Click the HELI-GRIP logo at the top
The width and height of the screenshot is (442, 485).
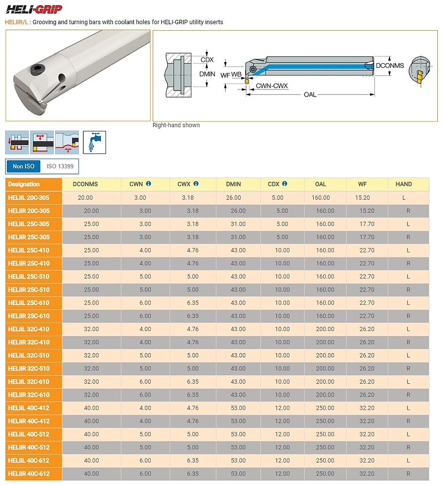click(x=34, y=9)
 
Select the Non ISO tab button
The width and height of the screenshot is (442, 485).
click(x=24, y=167)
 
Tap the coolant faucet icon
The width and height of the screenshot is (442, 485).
click(x=94, y=142)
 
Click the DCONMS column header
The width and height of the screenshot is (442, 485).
click(x=85, y=184)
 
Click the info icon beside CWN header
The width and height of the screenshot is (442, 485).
click(x=148, y=184)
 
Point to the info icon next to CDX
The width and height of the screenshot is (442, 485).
click(x=285, y=184)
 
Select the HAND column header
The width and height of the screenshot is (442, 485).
click(x=404, y=184)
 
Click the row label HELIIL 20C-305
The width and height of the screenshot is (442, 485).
click(x=29, y=197)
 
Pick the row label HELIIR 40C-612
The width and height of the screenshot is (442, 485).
click(x=29, y=474)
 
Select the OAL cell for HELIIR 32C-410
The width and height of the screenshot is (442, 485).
click(x=325, y=342)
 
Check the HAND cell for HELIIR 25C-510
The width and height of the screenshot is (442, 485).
click(x=409, y=290)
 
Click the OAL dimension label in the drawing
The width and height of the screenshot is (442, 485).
click(x=310, y=95)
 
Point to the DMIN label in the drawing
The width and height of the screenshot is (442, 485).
click(x=207, y=74)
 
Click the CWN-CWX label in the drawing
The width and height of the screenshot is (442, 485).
click(x=272, y=86)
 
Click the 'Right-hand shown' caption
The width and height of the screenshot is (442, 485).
click(x=176, y=125)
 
